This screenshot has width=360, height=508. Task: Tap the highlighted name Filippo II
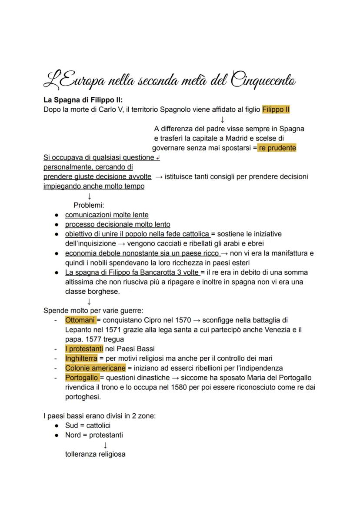click(x=276, y=110)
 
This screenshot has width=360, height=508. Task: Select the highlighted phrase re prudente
click(x=277, y=148)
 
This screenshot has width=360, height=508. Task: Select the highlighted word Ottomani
click(x=80, y=320)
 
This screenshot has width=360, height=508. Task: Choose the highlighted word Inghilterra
click(x=81, y=358)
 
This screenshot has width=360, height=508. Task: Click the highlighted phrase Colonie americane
click(x=95, y=368)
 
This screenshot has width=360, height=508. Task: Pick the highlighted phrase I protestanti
click(x=84, y=349)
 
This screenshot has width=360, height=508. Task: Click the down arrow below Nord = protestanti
click(x=105, y=445)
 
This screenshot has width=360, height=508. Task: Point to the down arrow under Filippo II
click(x=222, y=119)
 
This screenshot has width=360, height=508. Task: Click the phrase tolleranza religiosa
click(x=95, y=454)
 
